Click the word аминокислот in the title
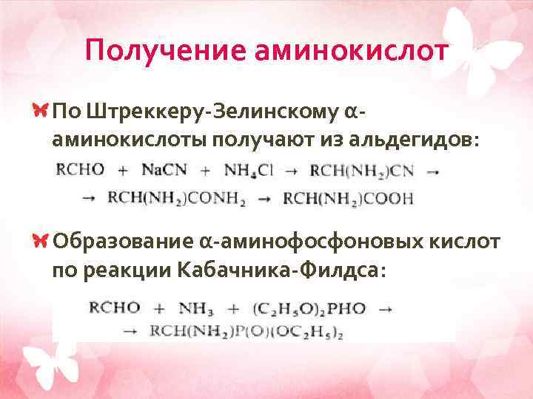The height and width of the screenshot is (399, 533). pos(352,51)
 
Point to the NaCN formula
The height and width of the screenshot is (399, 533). pos(164,170)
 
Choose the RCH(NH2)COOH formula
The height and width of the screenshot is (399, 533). pos(348,198)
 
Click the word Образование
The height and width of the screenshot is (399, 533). pos(121,241)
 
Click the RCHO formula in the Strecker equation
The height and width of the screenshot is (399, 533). pos(81,170)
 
